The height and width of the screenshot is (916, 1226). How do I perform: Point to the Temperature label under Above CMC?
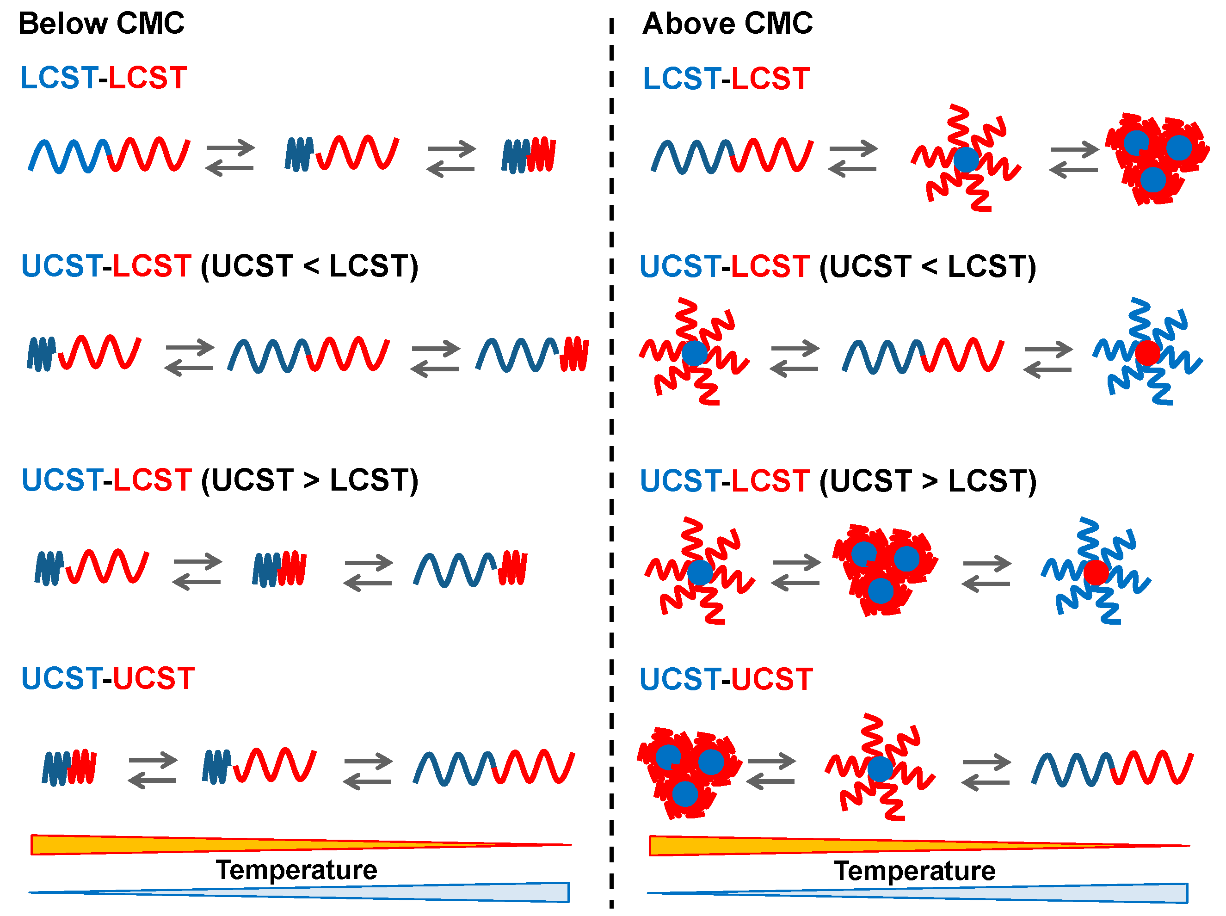point(914,871)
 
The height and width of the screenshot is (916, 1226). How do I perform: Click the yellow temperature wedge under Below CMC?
point(166,844)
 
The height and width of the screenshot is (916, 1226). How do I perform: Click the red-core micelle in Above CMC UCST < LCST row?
point(1147,352)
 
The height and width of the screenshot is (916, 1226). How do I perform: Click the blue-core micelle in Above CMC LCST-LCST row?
point(966,159)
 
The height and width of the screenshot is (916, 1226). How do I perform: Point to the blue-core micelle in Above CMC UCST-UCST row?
point(880,768)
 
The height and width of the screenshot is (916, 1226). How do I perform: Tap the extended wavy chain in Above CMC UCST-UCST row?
point(1112,768)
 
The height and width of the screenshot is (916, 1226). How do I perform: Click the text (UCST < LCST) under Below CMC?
point(309,266)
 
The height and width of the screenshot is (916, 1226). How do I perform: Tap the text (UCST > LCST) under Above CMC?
point(928,481)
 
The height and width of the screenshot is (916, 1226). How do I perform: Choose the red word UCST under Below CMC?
point(154,678)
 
